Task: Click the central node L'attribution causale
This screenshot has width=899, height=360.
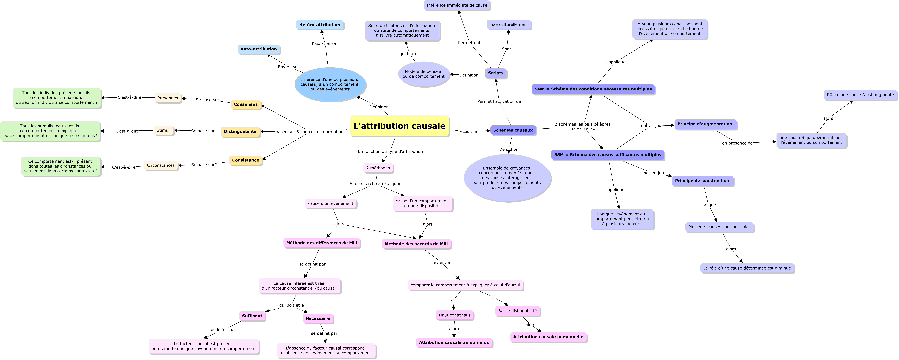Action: pyautogui.click(x=399, y=126)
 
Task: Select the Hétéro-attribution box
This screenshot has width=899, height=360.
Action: pyautogui.click(x=320, y=25)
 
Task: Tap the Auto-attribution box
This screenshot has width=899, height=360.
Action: pyautogui.click(x=259, y=49)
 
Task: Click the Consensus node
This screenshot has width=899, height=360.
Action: pyautogui.click(x=246, y=104)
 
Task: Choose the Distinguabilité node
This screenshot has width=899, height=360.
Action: pyautogui.click(x=240, y=131)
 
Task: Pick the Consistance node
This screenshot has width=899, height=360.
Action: pyautogui.click(x=246, y=160)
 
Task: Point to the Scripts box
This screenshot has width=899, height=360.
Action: pyautogui.click(x=496, y=73)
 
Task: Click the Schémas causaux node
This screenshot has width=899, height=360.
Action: pyautogui.click(x=513, y=130)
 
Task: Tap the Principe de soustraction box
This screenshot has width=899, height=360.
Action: pyautogui.click(x=702, y=181)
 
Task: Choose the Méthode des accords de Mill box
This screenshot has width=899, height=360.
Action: pyautogui.click(x=416, y=244)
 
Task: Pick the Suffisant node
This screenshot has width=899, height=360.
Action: pyautogui.click(x=252, y=316)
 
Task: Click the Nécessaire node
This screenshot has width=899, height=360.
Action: pyautogui.click(x=318, y=318)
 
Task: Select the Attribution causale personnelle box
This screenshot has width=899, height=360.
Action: pyautogui.click(x=548, y=337)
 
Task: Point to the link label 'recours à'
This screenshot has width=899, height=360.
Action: pyautogui.click(x=468, y=131)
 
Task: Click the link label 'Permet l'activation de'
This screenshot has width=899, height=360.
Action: pyautogui.click(x=499, y=102)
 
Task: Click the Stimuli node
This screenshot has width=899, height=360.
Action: pyautogui.click(x=164, y=130)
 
